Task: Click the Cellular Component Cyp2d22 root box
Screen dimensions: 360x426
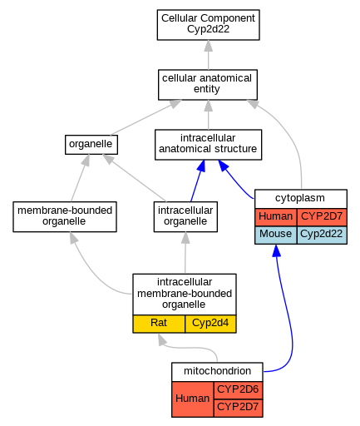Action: coord(208,25)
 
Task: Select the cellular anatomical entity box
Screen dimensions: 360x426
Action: coord(208,85)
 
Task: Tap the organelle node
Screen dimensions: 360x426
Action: coord(91,145)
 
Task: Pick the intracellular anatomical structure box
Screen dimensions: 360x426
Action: coord(208,145)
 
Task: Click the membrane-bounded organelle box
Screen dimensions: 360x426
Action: coord(65,216)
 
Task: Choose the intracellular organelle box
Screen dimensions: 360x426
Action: coord(185,216)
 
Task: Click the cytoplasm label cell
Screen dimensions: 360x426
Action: coord(301,199)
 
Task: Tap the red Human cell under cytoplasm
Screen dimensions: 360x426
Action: coord(276,217)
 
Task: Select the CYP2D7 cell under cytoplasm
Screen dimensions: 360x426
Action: coord(322,217)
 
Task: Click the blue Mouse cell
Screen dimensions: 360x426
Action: coord(276,235)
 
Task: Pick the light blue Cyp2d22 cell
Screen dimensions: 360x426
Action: coord(322,235)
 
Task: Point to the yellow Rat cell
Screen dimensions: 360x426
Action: coord(159,324)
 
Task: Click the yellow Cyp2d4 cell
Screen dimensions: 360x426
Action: coord(210,324)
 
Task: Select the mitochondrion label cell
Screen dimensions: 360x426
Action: coord(217,372)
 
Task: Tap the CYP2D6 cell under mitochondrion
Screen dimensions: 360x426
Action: coord(238,390)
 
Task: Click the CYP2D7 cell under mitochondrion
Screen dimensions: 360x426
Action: coord(238,408)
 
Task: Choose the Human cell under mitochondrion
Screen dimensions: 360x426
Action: coord(193,399)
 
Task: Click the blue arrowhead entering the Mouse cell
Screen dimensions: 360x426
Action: coord(276,250)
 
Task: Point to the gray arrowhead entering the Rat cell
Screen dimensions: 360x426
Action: coord(161,339)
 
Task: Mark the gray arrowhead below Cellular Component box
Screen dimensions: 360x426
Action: coord(209,46)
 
